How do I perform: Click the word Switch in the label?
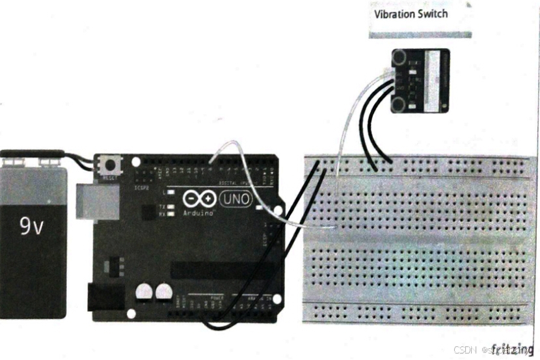[433, 14]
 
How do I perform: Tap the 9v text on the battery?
[31, 226]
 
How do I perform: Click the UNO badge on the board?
[236, 200]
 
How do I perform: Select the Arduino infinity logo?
[199, 199]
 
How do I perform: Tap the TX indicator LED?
[171, 206]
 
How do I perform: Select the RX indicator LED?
[171, 214]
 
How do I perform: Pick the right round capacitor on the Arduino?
[161, 294]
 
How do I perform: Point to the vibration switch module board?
[420, 80]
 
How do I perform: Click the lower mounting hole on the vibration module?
[398, 102]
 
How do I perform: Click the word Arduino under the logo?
[196, 212]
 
